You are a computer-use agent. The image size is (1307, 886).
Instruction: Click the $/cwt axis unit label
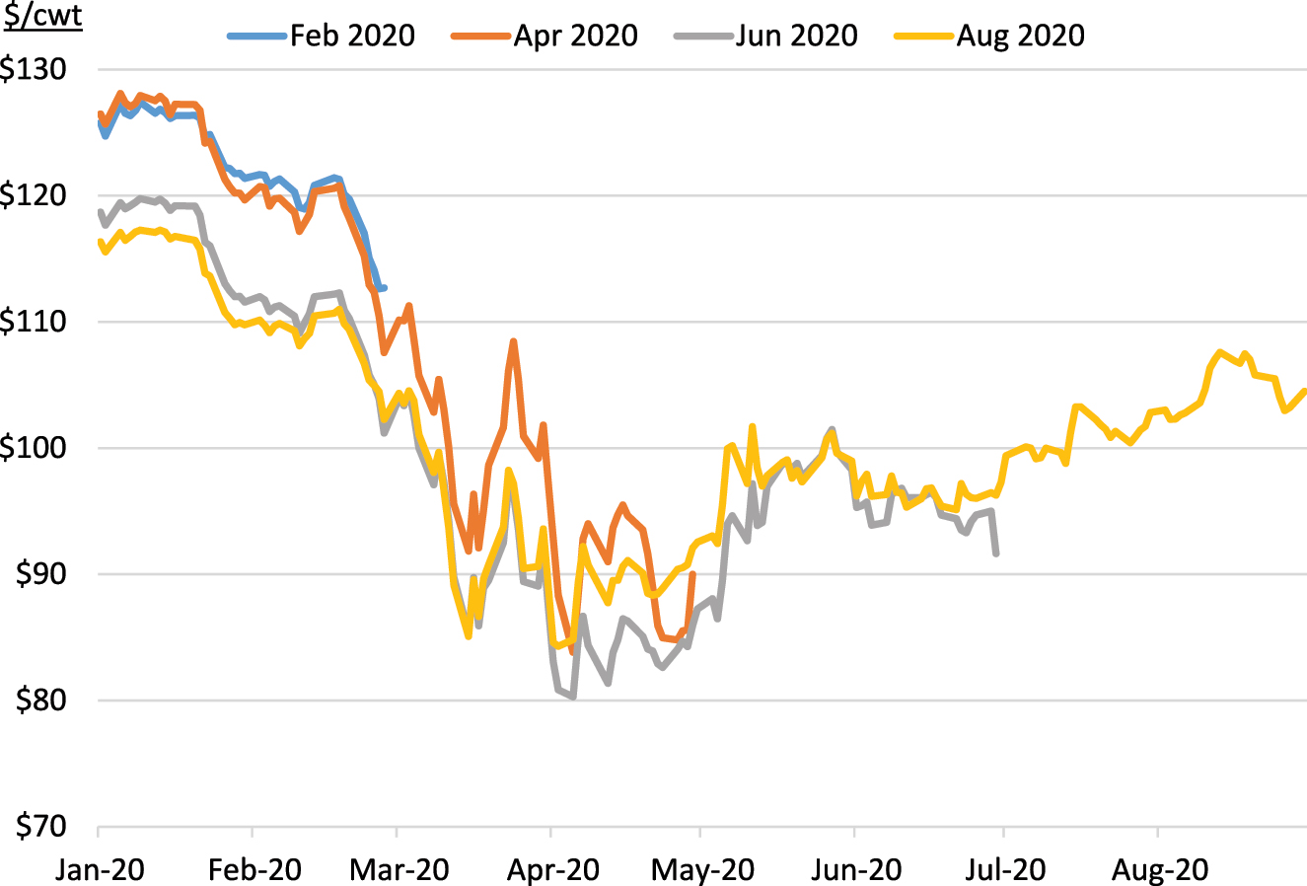point(41,16)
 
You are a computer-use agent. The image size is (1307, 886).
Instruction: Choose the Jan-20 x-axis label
point(101,869)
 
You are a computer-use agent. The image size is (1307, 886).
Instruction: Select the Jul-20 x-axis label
point(1001,869)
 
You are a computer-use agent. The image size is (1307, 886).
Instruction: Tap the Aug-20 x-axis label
point(1160,869)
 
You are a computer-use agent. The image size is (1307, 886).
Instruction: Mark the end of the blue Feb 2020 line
point(384,288)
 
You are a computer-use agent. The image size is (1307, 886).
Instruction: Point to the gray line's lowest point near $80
point(572,697)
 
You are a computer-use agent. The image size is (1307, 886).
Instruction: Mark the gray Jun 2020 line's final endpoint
point(996,554)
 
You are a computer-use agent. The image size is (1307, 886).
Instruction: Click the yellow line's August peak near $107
point(1221,352)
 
